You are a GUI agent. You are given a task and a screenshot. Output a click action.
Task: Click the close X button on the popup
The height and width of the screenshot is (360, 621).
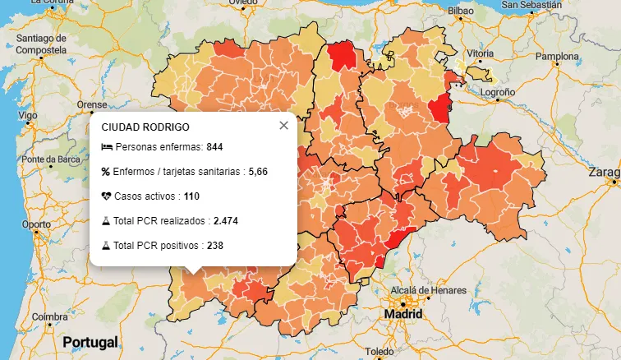click(x=283, y=126)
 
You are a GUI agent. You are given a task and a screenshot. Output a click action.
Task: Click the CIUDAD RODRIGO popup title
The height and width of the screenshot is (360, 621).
click(x=145, y=127)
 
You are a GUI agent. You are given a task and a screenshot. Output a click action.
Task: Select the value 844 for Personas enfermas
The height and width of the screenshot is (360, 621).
click(x=215, y=147)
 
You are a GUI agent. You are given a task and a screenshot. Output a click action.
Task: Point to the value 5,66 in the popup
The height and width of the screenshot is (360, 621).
click(x=259, y=172)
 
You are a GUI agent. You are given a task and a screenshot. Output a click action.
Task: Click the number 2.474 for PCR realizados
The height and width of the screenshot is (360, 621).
click(x=225, y=221)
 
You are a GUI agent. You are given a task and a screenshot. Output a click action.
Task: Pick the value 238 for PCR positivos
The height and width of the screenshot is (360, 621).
click(x=215, y=246)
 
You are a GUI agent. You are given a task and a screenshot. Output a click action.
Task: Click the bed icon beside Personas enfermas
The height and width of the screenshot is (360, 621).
click(x=106, y=147)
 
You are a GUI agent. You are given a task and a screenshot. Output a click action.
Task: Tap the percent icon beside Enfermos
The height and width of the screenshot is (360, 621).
click(x=106, y=172)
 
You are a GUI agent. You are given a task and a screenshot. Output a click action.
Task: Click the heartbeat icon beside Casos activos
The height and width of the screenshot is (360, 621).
click(x=106, y=196)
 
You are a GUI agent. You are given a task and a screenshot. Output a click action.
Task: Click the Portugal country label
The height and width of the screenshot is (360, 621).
click(x=90, y=342)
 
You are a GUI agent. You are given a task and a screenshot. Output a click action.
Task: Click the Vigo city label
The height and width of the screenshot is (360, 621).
click(x=28, y=116)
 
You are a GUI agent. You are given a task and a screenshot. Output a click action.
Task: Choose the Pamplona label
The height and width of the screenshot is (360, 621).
click(x=557, y=57)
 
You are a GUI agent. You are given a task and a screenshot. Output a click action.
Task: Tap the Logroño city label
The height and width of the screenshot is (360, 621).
click(x=498, y=92)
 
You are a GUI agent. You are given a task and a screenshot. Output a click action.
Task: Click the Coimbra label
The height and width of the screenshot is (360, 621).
click(x=50, y=317)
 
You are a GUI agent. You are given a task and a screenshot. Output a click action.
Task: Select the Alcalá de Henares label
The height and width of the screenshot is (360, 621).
click(x=428, y=291)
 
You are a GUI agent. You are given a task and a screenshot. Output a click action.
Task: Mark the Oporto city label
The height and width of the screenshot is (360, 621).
click(x=36, y=224)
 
